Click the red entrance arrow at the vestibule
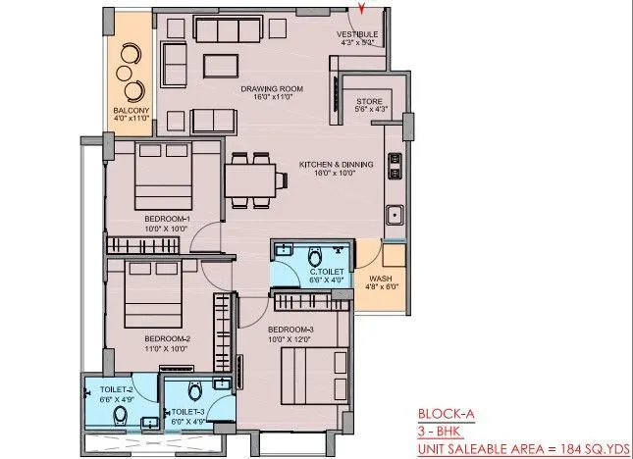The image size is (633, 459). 364,11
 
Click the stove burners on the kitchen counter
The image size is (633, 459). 394,164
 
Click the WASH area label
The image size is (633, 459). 378,280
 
